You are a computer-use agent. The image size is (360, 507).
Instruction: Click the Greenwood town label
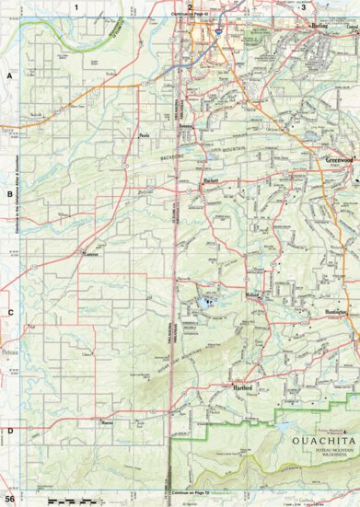click(339, 158)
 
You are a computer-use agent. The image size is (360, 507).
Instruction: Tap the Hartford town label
click(243, 387)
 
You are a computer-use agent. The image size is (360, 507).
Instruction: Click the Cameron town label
click(89, 253)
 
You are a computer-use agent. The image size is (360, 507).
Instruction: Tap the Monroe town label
click(107, 422)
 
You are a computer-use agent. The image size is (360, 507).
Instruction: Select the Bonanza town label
click(186, 121)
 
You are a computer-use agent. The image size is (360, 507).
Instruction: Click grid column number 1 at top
click(75, 7)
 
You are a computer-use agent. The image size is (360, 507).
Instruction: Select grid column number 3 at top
click(303, 7)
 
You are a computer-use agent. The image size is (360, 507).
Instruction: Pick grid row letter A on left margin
click(8, 77)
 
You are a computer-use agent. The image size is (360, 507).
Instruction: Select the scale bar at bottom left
click(69, 499)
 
